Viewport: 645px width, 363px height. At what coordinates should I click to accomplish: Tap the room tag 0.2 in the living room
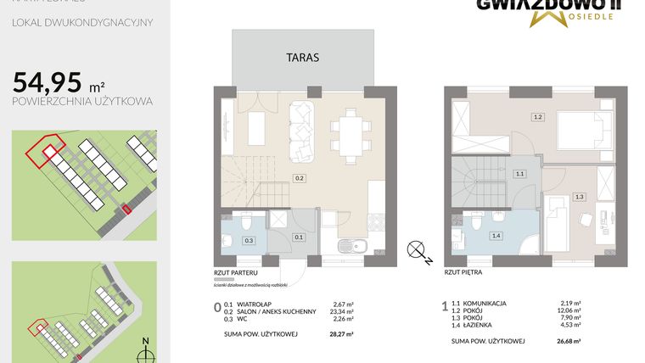300,179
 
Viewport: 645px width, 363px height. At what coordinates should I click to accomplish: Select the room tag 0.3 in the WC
249,240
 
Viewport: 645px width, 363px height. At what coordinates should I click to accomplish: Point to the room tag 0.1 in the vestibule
298,237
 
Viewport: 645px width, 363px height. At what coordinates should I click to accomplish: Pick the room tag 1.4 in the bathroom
496,236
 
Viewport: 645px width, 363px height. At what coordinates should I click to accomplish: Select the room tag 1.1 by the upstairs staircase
519,173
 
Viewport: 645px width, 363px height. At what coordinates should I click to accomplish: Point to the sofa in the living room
300,131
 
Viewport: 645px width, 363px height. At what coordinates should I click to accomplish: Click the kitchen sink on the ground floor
346,246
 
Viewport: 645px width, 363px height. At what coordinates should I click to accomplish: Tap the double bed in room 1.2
581,133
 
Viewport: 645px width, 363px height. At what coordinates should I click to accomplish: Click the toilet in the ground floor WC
244,223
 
